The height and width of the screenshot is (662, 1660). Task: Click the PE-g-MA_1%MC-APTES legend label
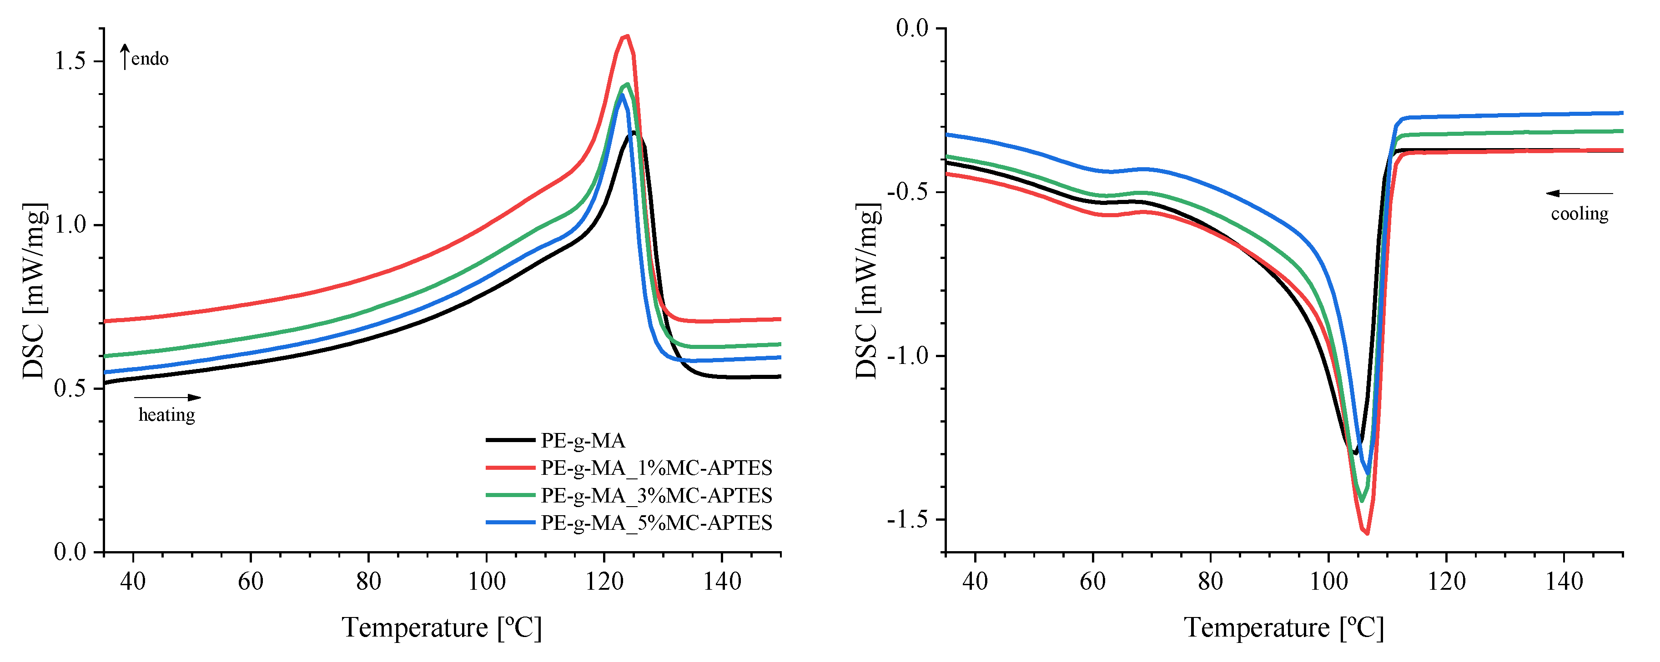[656, 468]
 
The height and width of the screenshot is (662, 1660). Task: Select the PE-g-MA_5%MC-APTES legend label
[656, 523]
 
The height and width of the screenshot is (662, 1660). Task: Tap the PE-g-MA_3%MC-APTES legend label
[656, 496]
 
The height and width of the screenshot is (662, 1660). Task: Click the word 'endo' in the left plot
[150, 59]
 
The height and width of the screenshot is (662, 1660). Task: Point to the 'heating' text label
[166, 415]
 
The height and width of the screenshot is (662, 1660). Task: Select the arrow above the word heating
[167, 397]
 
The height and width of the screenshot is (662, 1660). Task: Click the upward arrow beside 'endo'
[125, 57]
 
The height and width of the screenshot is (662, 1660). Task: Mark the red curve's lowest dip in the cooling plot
[1367, 533]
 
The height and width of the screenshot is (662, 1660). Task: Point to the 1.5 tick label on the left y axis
[70, 61]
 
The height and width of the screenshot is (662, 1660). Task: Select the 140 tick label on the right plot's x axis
[1564, 582]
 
